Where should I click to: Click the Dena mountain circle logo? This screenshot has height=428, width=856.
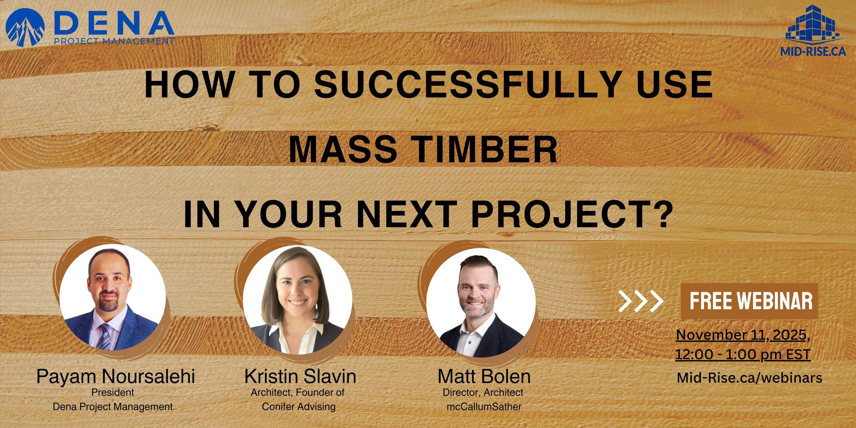(x=25, y=28)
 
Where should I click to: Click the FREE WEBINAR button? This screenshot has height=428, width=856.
(x=749, y=301)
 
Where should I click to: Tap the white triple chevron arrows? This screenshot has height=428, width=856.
(x=641, y=301)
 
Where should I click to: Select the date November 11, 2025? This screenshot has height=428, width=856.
(x=743, y=335)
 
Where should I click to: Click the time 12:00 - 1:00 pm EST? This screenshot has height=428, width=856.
(x=743, y=355)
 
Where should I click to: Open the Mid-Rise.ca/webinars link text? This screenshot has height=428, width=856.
(x=749, y=378)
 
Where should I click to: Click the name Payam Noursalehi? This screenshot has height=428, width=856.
(x=116, y=377)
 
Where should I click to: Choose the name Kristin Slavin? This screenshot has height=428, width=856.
(x=300, y=377)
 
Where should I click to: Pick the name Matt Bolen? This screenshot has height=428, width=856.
(x=484, y=377)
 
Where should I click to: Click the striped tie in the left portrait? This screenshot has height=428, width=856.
(x=104, y=337)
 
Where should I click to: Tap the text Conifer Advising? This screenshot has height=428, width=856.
(x=299, y=407)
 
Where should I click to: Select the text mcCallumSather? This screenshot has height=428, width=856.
(x=484, y=407)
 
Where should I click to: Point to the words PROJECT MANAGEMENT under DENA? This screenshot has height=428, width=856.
(x=114, y=41)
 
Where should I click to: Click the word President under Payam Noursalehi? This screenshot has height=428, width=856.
(x=113, y=392)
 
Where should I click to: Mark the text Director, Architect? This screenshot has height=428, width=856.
(x=483, y=392)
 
